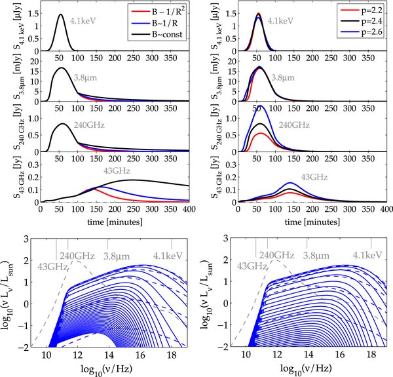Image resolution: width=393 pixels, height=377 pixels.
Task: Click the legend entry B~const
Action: [x=155, y=31]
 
